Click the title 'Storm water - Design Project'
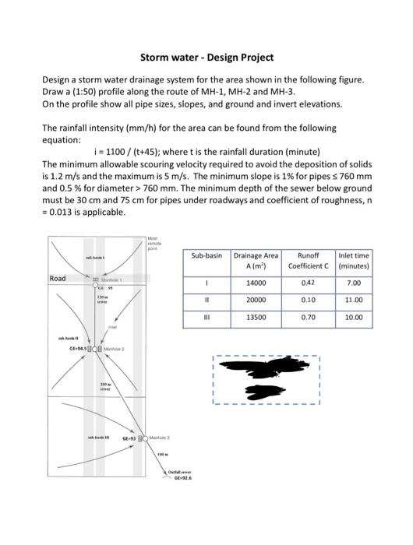click(x=206, y=58)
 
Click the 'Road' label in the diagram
click(x=58, y=278)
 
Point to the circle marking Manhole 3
click(x=144, y=439)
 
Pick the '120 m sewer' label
click(x=101, y=300)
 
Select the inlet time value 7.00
click(x=354, y=283)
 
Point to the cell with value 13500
click(x=256, y=318)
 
